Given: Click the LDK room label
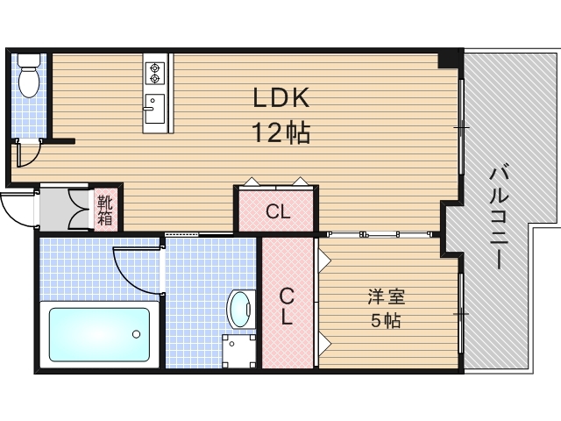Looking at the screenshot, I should point(281,98).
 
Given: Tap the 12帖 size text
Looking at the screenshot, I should point(281,133).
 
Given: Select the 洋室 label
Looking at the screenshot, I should point(386,298).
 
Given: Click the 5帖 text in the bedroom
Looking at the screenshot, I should point(386,321).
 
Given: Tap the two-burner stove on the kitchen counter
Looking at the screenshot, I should point(156,70).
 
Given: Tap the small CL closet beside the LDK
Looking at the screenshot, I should point(277,211).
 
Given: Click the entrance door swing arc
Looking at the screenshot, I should point(17,210).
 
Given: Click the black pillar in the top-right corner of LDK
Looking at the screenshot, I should point(450,59).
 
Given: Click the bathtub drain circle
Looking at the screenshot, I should point(135,334).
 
